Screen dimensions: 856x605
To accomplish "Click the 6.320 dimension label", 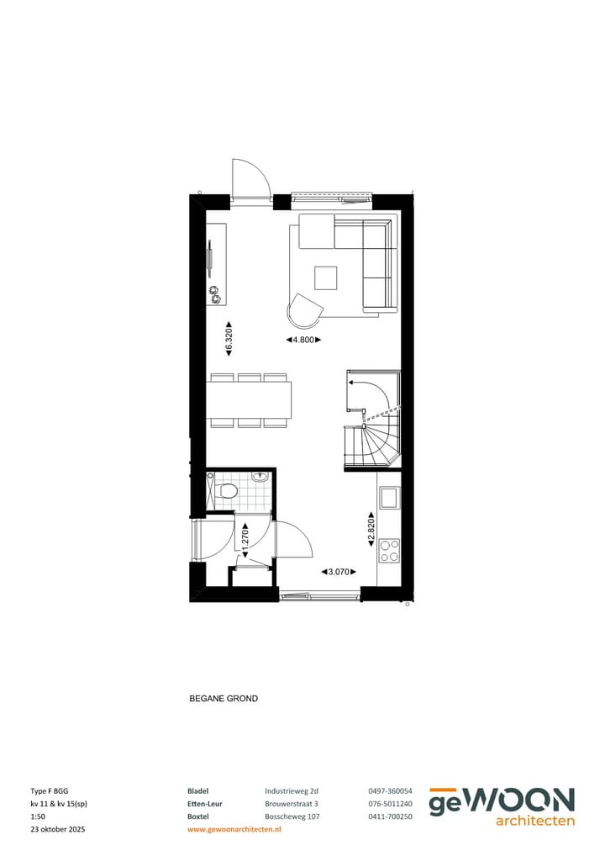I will (x=229, y=340).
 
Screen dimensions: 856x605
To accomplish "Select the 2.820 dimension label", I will (x=370, y=532).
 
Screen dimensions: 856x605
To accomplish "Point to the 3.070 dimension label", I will (x=339, y=572).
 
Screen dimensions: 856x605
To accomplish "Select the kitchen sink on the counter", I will (x=389, y=498).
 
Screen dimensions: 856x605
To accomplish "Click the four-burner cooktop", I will (x=389, y=551).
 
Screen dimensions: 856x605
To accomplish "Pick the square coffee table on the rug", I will (x=325, y=277).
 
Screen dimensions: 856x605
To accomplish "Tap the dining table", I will (x=250, y=399).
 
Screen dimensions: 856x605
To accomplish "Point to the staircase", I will (x=371, y=420).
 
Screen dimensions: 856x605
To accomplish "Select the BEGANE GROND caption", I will (x=224, y=699).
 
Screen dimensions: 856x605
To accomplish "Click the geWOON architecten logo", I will (x=502, y=806).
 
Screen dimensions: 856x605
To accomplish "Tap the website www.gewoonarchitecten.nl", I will (x=234, y=829).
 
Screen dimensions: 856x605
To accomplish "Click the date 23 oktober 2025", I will (x=58, y=829).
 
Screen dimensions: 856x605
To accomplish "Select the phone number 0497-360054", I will (x=390, y=791).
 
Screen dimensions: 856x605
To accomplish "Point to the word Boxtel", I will (x=198, y=816).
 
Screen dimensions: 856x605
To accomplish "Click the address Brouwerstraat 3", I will (x=292, y=804).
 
